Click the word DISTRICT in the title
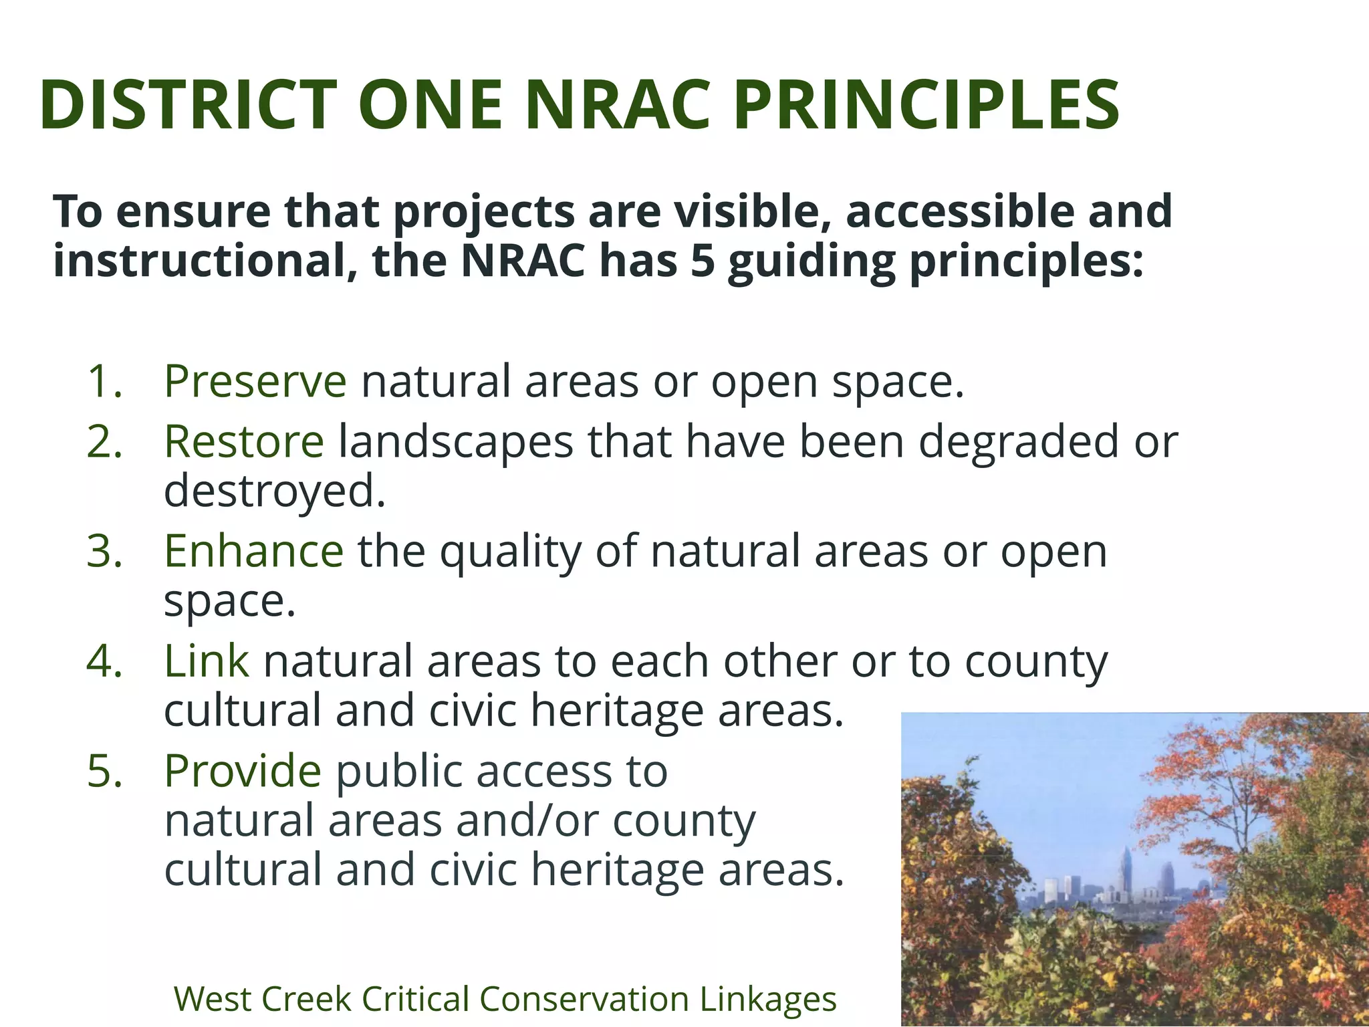pyautogui.click(x=188, y=106)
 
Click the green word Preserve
pyautogui.click(x=255, y=382)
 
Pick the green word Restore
pyautogui.click(x=244, y=443)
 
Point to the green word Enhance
pyautogui.click(x=254, y=552)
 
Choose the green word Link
pyautogui.click(x=207, y=661)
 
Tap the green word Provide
pyautogui.click(x=243, y=771)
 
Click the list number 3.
pyautogui.click(x=105, y=552)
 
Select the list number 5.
pyautogui.click(x=105, y=772)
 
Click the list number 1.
pyautogui.click(x=105, y=382)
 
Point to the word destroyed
pyautogui.click(x=274, y=492)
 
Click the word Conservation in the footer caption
pyautogui.click(x=584, y=1000)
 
